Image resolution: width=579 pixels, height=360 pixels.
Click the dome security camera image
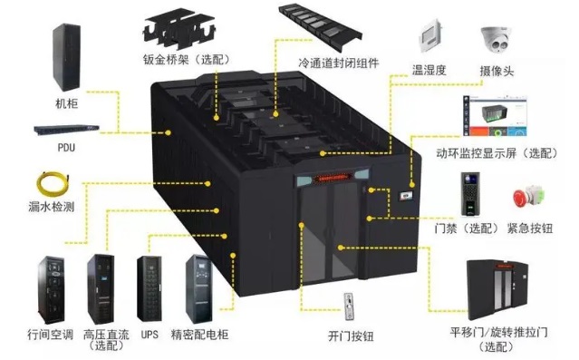click(x=497, y=39)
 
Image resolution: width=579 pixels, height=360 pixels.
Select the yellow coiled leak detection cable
click(x=53, y=184)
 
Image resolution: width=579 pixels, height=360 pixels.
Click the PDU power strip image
click(x=66, y=130)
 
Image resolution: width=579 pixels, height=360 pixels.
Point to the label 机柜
click(x=66, y=103)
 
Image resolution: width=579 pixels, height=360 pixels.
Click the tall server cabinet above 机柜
click(x=66, y=57)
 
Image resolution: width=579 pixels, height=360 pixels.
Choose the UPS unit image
click(x=150, y=289)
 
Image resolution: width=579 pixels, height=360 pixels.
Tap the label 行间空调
click(x=50, y=335)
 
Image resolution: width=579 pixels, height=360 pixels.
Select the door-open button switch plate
click(x=349, y=306)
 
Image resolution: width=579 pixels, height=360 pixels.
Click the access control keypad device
click(x=470, y=194)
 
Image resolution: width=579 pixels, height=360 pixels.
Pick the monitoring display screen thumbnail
click(x=495, y=116)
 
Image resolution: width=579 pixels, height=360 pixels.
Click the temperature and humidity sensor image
click(x=430, y=36)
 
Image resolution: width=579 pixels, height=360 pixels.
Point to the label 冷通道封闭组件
click(x=339, y=63)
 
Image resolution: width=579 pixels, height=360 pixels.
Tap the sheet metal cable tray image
click(x=179, y=29)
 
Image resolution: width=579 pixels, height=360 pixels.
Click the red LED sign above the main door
click(x=333, y=179)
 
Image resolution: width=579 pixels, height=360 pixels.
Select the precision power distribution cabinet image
click(x=199, y=289)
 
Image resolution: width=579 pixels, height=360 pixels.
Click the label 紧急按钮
click(x=530, y=229)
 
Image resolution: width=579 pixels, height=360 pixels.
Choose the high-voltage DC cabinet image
click(x=101, y=289)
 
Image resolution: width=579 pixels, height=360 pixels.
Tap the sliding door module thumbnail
click(x=497, y=289)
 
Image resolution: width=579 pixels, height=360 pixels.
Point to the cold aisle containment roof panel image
click(x=320, y=26)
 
